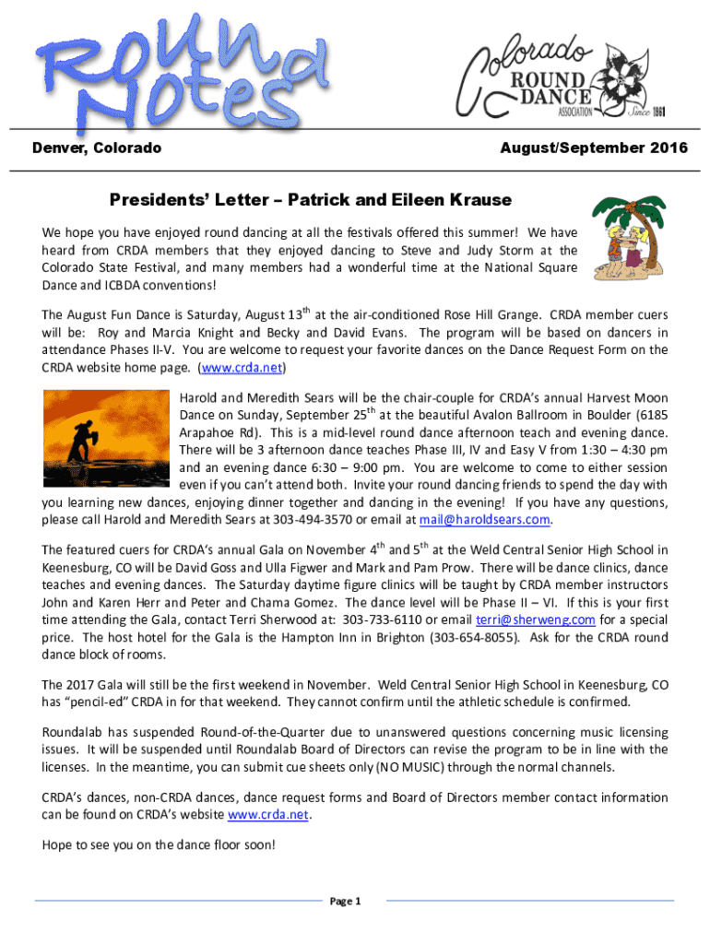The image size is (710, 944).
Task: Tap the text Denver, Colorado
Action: coord(97,148)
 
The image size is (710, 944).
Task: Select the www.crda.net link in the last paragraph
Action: coord(268,815)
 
